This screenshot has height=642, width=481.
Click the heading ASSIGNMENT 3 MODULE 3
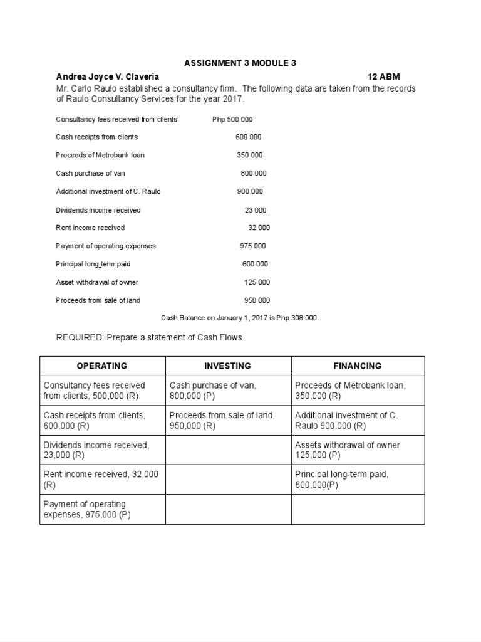point(240,63)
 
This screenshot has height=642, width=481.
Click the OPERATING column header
point(102,366)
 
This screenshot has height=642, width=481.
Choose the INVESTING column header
point(228,366)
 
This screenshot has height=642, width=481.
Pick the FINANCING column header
point(358,366)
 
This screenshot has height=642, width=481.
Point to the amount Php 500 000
point(232,119)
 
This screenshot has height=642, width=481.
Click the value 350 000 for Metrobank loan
point(249,155)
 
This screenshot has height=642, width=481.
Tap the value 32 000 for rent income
point(259,228)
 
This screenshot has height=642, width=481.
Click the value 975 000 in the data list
point(253,246)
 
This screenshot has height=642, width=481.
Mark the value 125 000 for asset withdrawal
point(257,282)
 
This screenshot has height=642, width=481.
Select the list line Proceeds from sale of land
point(98,300)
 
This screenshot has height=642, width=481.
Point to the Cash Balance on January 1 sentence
point(240,318)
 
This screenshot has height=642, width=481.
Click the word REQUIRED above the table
point(79,338)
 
